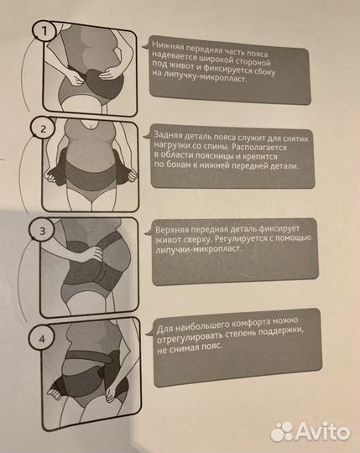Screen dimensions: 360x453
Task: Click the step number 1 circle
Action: [44, 31]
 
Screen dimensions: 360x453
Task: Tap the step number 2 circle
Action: [44, 128]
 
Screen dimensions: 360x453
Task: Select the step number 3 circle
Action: [42, 230]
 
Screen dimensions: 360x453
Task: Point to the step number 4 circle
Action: [42, 338]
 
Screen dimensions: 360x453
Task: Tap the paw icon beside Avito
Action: [283, 431]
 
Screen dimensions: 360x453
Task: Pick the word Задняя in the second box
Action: [167, 135]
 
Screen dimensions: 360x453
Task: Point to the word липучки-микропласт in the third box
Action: [198, 249]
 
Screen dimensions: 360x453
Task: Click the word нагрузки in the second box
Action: [169, 146]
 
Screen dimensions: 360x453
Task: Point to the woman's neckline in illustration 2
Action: [91, 126]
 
